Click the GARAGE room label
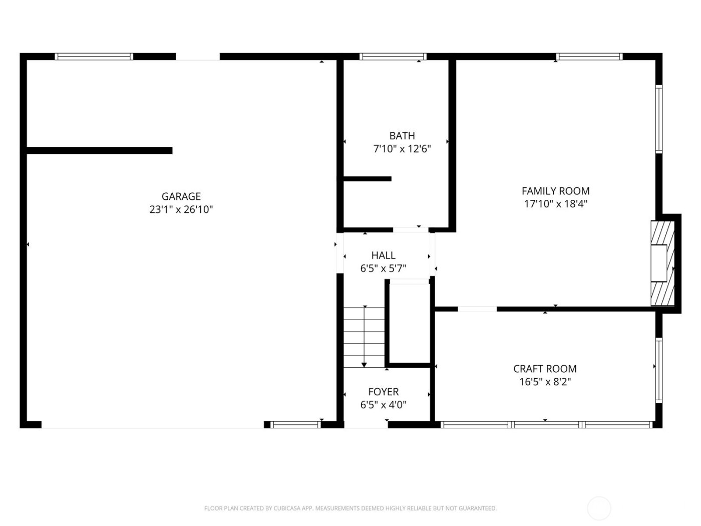tap(181, 196)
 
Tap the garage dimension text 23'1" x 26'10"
tap(181, 209)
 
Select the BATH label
tap(402, 136)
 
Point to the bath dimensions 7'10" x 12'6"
tap(402, 149)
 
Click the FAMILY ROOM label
tap(555, 191)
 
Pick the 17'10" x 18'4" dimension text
tap(555, 204)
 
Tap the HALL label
tap(383, 255)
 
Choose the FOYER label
tap(383, 392)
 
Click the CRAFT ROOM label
tap(545, 369)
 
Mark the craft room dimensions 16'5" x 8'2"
tap(545, 382)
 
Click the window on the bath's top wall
tap(393, 57)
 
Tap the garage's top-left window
tap(94, 57)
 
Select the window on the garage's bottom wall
tap(295, 425)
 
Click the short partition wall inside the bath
tap(368, 178)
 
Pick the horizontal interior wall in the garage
tap(99, 150)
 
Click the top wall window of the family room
tap(589, 57)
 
